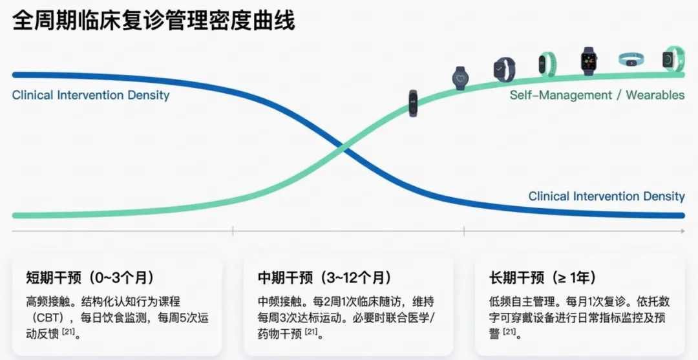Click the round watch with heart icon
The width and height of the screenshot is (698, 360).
pos(460,78)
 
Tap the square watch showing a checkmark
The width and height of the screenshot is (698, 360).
pos(504,69)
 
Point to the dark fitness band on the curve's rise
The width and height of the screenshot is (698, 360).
pos(413,103)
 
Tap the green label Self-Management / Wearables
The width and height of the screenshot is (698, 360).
pos(597,95)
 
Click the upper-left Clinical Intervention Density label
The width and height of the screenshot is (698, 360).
pos(90,96)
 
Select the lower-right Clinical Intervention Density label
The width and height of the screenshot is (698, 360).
pos(606,196)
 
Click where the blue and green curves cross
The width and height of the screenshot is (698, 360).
pos(342,150)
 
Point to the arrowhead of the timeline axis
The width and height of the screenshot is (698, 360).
pos(681,232)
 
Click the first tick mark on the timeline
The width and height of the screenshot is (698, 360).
pos(233,232)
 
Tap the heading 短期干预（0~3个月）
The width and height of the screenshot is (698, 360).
pos(90,278)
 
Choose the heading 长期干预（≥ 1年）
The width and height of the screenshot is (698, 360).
pos(544,278)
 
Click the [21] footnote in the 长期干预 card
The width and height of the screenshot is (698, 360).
pos(510,333)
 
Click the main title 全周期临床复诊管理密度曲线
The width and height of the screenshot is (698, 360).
pos(154,21)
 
